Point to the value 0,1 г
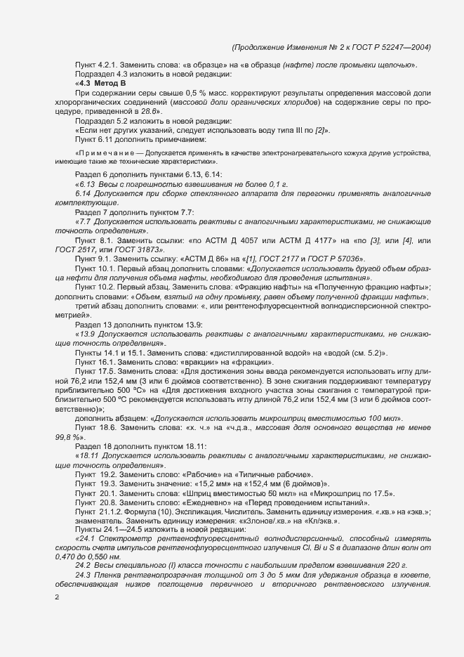tap(251, 183)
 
